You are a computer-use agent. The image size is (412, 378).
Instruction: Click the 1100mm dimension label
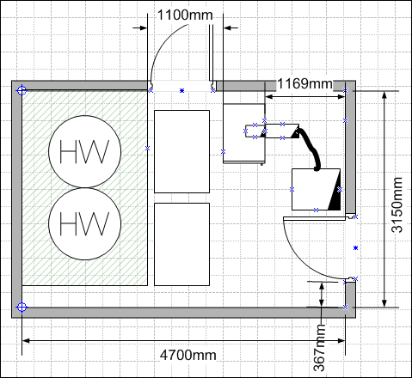185,15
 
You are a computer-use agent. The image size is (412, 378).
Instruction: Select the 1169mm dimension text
304,83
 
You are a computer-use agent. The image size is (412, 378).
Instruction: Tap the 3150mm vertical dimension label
397,204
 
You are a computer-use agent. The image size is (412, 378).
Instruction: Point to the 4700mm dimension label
188,356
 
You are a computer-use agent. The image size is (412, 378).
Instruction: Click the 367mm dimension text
319,348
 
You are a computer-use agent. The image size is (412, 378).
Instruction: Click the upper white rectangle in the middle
182,151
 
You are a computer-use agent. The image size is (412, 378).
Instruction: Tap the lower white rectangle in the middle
182,244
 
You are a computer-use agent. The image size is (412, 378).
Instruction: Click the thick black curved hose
312,149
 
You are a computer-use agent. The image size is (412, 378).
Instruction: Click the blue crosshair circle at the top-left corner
22,90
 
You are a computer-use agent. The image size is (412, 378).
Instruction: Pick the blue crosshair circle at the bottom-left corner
22,308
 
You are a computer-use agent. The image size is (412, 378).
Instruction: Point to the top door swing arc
163,46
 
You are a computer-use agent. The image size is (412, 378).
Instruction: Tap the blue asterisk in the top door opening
181,90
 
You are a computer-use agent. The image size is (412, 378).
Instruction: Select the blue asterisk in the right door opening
356,247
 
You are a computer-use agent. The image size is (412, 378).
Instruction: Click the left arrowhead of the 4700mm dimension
26,341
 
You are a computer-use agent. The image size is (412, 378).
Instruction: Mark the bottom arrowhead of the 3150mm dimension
384,303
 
